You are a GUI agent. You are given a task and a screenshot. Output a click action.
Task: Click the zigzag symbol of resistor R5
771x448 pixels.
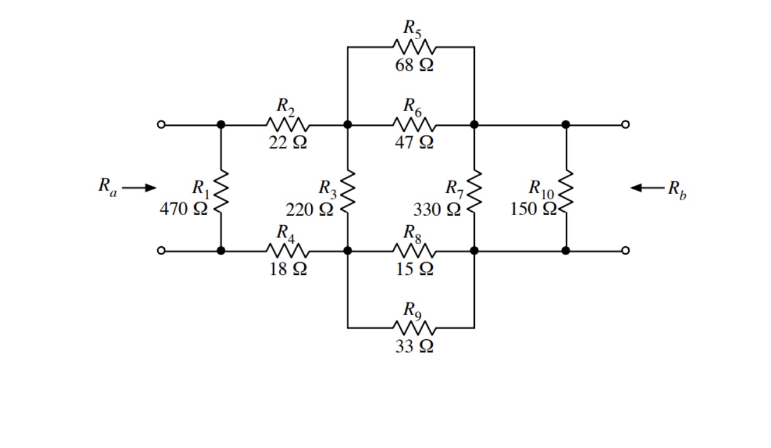414,47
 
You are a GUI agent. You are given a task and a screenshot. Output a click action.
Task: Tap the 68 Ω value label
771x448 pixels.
414,65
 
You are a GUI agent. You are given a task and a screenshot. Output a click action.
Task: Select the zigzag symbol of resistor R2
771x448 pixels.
287,125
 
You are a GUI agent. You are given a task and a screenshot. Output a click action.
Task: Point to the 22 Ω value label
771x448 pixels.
288,143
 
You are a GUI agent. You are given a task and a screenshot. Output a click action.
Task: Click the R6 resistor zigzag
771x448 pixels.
414,125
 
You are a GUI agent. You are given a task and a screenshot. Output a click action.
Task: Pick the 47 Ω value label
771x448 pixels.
414,143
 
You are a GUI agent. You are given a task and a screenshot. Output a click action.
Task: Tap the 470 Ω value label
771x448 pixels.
184,209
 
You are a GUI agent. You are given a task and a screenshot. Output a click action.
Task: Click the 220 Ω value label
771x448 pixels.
309,209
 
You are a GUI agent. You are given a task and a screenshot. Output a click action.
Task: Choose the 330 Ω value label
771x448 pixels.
437,209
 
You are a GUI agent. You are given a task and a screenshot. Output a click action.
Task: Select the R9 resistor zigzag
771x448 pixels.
414,328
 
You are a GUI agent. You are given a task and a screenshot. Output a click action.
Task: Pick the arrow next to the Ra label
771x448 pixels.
140,188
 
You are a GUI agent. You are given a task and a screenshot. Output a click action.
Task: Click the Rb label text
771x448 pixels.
678,189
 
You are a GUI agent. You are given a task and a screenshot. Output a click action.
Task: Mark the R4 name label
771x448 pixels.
285,233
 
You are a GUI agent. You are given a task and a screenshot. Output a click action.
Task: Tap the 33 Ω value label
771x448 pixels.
414,346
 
